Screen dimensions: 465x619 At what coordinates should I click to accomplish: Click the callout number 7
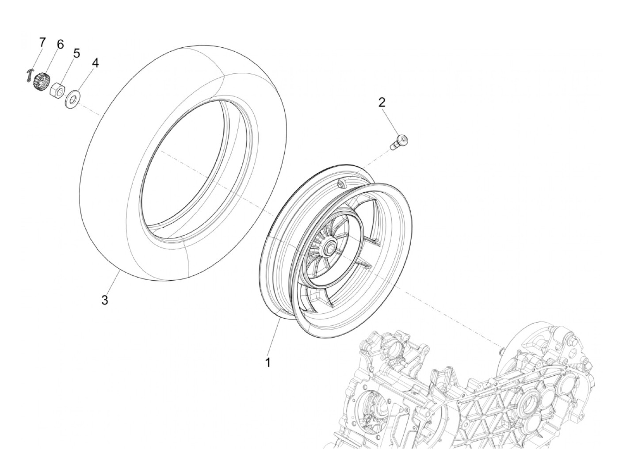point(42,42)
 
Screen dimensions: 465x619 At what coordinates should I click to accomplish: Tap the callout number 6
point(60,44)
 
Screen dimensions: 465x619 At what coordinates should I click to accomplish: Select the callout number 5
point(76,54)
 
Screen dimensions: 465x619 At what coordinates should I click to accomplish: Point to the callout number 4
point(95,63)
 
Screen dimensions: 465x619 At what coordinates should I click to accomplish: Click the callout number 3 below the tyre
point(104,300)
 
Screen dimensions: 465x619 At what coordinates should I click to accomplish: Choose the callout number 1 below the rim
point(267,362)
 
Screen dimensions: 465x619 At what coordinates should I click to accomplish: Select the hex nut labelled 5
point(57,88)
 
